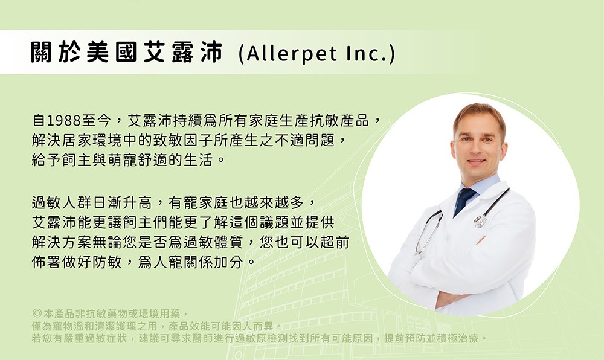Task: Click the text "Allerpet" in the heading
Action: (292, 53)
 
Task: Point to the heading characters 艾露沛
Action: (183, 52)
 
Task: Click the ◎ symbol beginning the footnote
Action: (37, 313)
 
